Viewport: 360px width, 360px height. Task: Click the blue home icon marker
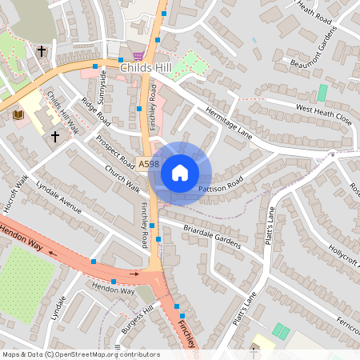(x=180, y=173)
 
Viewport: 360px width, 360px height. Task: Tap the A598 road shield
(x=147, y=163)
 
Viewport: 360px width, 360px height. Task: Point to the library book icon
(x=18, y=115)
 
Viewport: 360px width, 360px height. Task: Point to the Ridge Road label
(x=95, y=111)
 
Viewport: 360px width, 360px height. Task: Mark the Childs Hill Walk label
(x=62, y=113)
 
